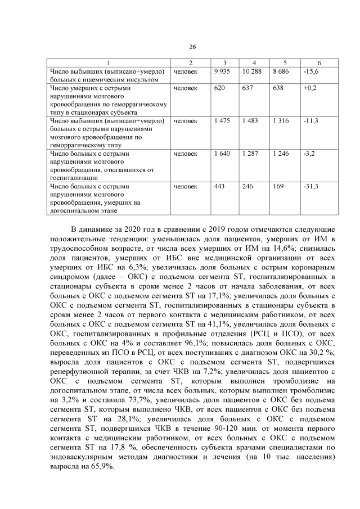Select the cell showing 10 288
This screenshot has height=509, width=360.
[x=252, y=72]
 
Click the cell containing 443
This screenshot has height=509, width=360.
[x=219, y=186]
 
